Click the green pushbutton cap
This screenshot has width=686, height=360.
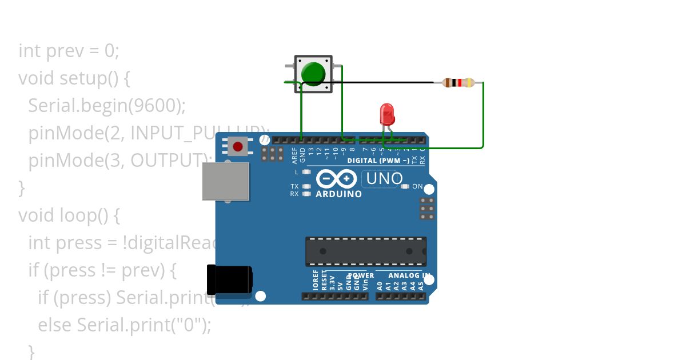click(x=313, y=73)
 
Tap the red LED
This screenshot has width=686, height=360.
click(x=387, y=113)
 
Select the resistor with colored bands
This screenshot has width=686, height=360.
click(x=458, y=83)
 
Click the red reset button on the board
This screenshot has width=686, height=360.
click(x=238, y=147)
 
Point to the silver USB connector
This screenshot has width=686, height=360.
click(x=226, y=181)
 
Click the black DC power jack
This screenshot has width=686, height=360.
click(x=229, y=280)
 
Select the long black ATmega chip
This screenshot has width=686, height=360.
click(x=366, y=251)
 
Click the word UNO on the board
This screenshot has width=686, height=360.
click(x=384, y=179)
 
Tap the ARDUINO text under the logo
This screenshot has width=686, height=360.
click(x=339, y=194)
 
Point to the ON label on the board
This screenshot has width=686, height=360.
click(x=417, y=187)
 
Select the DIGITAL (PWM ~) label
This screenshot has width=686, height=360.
click(x=378, y=161)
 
